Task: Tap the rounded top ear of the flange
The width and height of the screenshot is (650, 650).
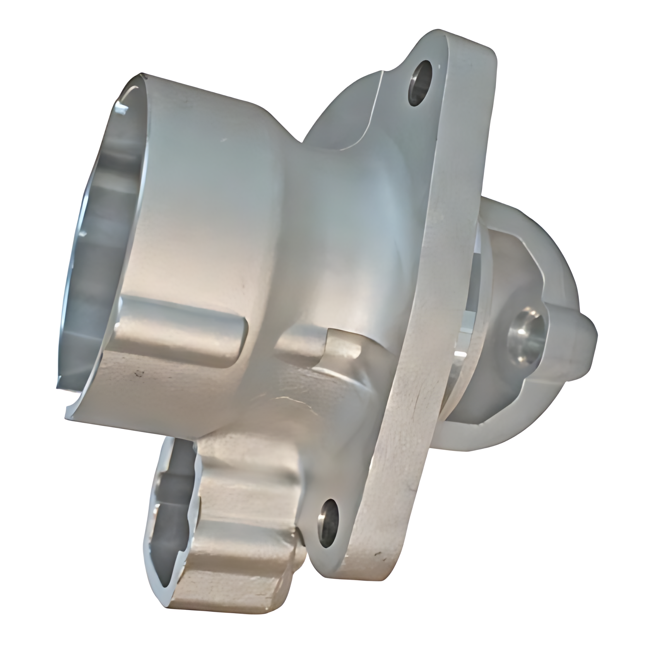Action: [457, 50]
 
